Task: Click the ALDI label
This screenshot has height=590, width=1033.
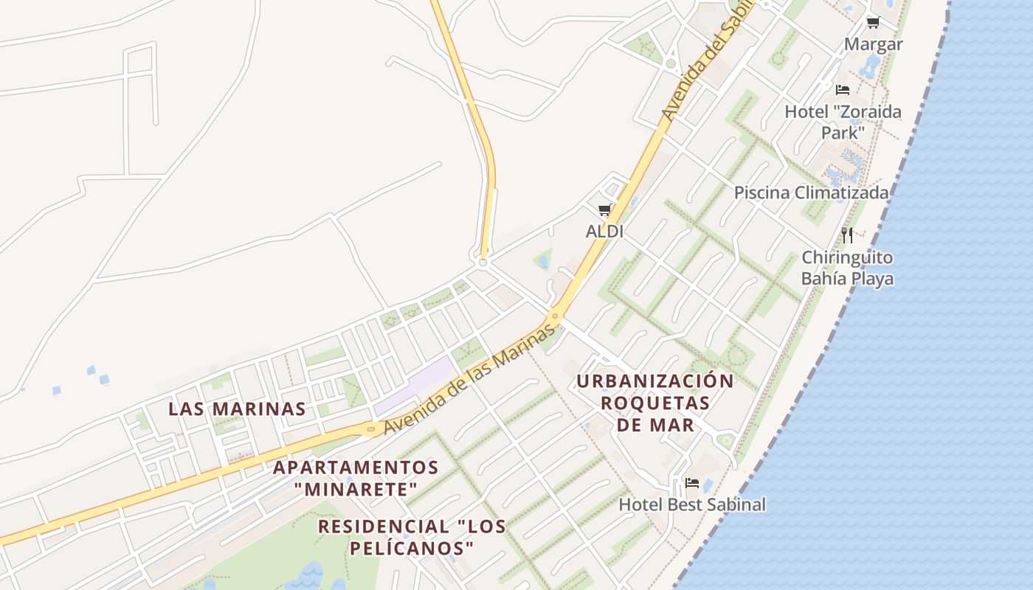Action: [604, 232]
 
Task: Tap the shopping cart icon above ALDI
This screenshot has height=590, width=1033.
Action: [605, 210]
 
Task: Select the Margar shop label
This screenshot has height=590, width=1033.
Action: [874, 44]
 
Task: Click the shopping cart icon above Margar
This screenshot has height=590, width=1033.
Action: [874, 23]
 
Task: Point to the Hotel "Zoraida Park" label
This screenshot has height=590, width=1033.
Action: [843, 122]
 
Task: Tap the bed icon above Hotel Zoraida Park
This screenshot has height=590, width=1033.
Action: [843, 90]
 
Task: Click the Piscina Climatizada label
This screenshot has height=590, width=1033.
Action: [811, 193]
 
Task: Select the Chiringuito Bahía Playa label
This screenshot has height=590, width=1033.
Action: [847, 268]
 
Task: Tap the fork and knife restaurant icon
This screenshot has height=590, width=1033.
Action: [847, 235]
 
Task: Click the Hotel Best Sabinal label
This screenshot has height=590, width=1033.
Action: [692, 505]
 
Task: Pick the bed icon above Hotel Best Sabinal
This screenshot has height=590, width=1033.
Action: [692, 483]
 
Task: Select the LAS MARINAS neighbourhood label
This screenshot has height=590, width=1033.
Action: [237, 409]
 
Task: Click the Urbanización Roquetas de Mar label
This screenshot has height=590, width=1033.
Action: [655, 403]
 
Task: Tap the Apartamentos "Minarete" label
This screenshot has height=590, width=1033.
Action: [356, 478]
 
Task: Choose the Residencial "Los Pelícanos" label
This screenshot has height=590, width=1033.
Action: [412, 537]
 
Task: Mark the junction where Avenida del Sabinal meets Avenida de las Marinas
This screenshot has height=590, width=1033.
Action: [556, 316]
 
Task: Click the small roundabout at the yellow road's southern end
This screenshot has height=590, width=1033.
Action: [483, 261]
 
